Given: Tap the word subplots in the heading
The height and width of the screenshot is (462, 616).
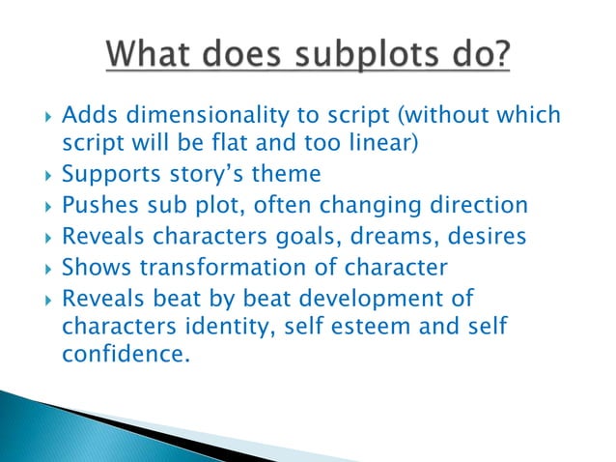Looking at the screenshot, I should (x=340, y=48).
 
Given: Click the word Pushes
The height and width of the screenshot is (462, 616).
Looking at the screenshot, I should (x=99, y=206).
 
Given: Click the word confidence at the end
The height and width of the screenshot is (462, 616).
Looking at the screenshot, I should (x=123, y=356).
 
